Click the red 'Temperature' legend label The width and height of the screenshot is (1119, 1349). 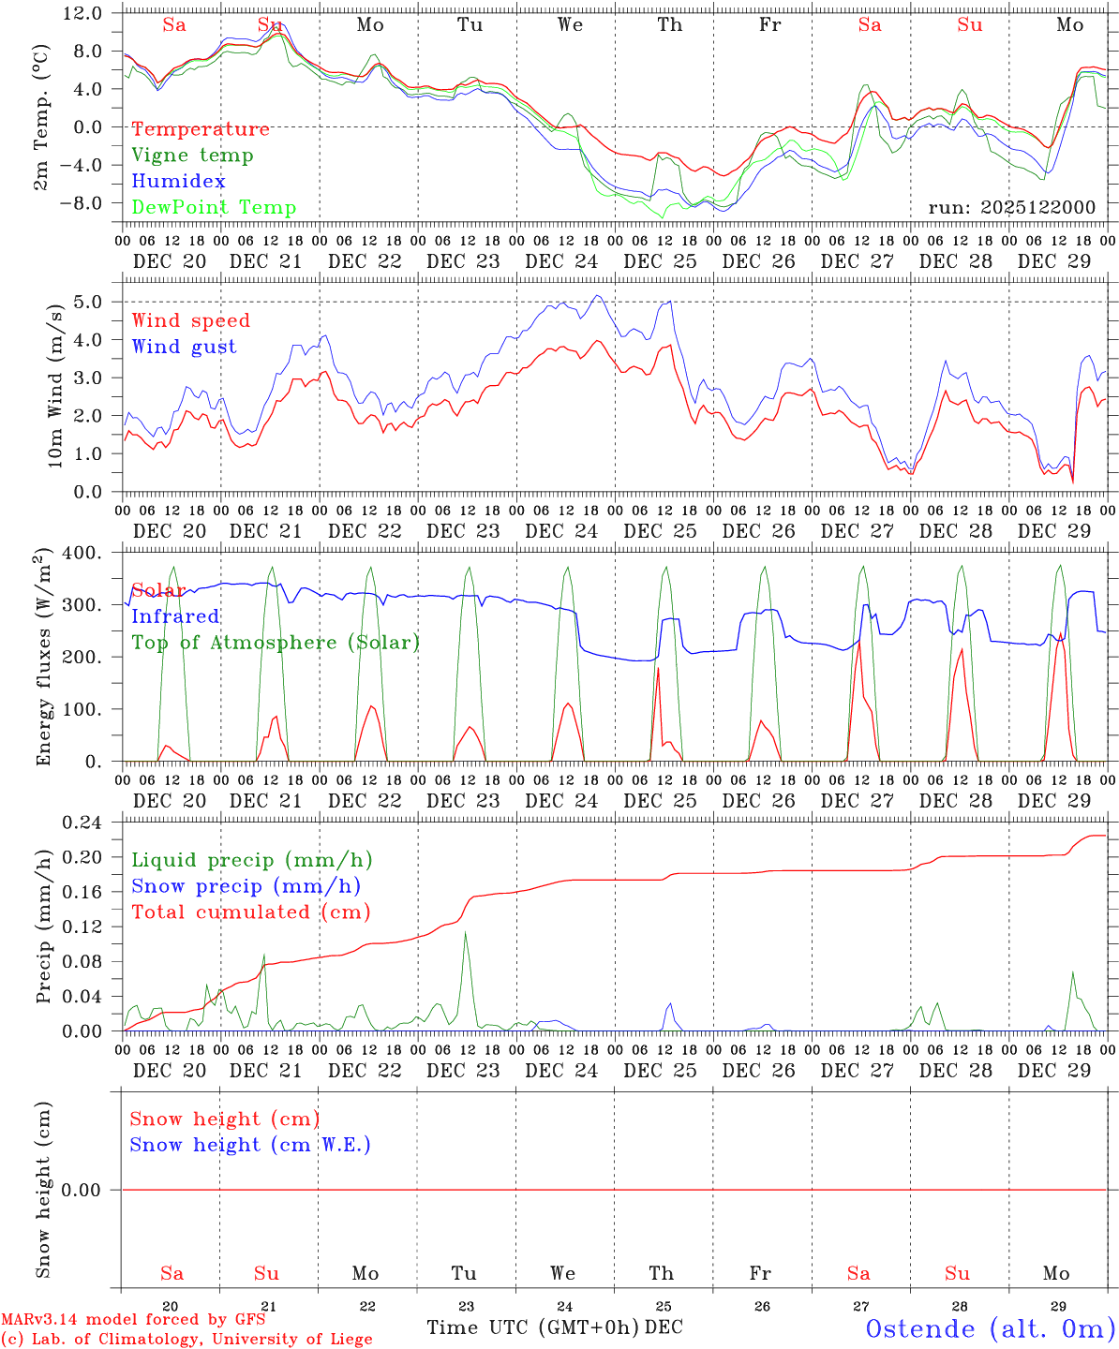pos(200,129)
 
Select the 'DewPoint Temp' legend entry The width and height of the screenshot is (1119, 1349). pos(214,208)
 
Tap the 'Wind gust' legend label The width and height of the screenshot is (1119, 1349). pos(184,347)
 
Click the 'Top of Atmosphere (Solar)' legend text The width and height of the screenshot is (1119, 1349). pos(275,643)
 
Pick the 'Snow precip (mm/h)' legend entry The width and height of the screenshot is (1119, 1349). pos(246,886)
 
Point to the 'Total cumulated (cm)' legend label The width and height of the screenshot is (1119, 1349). pos(250,912)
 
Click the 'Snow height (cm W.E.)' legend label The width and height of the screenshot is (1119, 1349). pos(249,1145)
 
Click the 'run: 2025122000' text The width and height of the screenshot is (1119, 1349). pos(1011,208)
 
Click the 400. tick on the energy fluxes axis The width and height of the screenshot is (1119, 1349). pos(82,553)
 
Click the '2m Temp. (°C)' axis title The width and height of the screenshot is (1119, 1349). pos(42,118)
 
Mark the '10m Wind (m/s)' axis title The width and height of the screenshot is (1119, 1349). pos(55,386)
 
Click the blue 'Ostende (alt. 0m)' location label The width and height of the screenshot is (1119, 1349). pos(990,1328)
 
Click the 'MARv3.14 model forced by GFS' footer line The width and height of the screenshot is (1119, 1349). pos(132,1320)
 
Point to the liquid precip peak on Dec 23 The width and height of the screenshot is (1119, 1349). pos(465,933)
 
